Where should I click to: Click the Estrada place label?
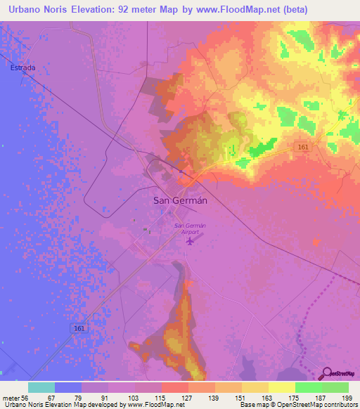(x=22, y=67)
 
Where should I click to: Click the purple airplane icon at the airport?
(x=209, y=242)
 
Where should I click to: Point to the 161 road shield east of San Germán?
(x=303, y=146)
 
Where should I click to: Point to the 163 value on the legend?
(x=265, y=398)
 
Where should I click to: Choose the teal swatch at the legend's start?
(x=41, y=387)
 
